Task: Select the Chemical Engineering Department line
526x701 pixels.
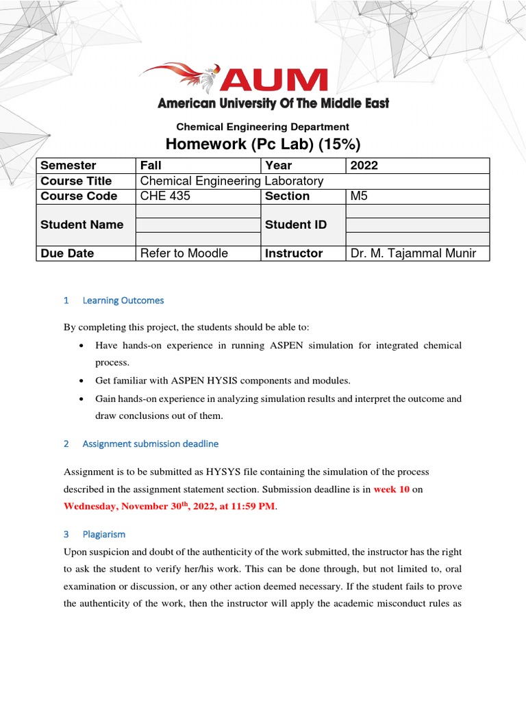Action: pos(262,127)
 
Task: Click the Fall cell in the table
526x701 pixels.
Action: pos(198,166)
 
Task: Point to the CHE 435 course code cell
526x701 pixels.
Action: pos(198,196)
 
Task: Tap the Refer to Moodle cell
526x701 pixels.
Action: pos(198,253)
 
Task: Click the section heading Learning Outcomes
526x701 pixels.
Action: pos(123,301)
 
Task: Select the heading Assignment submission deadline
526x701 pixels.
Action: pos(150,444)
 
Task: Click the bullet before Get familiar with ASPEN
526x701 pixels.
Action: pos(82,380)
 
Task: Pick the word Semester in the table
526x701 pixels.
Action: pos(68,166)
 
